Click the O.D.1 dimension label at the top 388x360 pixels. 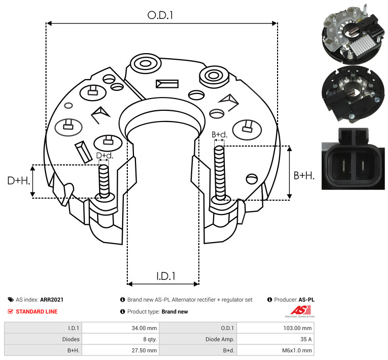(160, 15)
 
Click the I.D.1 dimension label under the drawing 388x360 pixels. (166, 276)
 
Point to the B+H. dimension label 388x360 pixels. (304, 176)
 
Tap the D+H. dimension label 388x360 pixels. (19, 181)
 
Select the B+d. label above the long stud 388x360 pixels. (219, 134)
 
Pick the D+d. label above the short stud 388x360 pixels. (105, 156)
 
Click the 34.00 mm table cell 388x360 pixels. (144, 328)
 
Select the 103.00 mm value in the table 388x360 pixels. (298, 328)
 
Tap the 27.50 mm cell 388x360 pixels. (144, 350)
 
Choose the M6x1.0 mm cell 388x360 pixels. (297, 350)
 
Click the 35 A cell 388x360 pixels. (306, 339)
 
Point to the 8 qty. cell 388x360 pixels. (150, 339)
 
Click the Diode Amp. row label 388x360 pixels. (220, 339)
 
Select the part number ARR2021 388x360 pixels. (52, 300)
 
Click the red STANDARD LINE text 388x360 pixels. (37, 311)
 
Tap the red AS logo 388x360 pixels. (301, 311)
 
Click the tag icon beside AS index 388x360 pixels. (11, 300)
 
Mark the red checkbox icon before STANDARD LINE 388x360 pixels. (10, 311)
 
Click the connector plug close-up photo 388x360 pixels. (353, 159)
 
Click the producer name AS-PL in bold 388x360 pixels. (307, 300)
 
